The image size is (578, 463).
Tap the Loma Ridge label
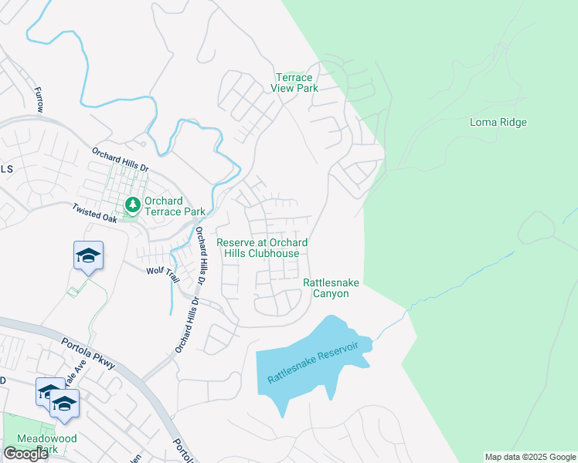pyautogui.click(x=498, y=122)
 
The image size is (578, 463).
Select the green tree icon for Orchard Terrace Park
pyautogui.click(x=132, y=205)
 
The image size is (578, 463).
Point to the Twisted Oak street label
pyautogui.click(x=93, y=213)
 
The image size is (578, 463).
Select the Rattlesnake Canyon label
pyautogui.click(x=331, y=288)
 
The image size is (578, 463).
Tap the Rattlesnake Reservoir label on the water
pyautogui.click(x=313, y=362)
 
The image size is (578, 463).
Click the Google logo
pyautogui.click(x=25, y=454)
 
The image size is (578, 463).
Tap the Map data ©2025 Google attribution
pyautogui.click(x=529, y=457)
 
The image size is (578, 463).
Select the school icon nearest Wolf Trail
pyautogui.click(x=88, y=255)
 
